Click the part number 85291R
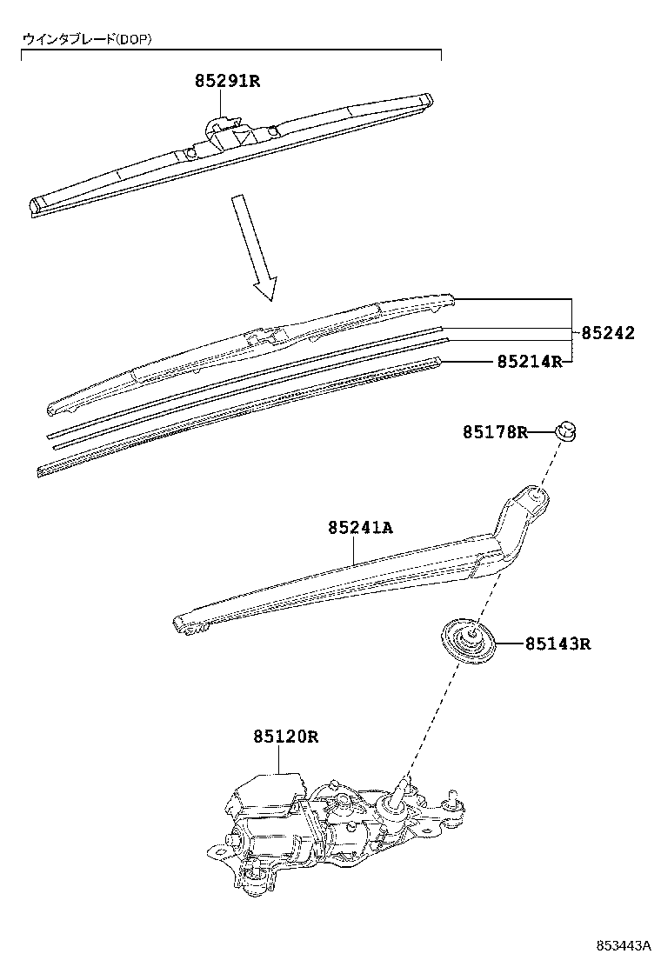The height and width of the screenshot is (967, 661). coord(228,81)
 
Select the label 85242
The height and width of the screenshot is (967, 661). coord(608,333)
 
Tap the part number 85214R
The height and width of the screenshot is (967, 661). coord(530,362)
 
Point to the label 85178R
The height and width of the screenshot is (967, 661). coord(496,432)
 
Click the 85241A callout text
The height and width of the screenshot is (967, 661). coord(361,528)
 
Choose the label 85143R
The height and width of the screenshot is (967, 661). coord(558,644)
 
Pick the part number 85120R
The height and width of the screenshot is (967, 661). coord(285,737)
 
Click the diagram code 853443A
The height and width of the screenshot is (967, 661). coord(624,946)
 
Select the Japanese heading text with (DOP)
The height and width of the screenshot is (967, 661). coord(87,39)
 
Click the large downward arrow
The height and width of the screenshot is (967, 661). coord(253,248)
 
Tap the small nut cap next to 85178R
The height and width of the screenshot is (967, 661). coord(567,431)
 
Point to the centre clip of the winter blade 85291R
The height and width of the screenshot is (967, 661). coord(228,131)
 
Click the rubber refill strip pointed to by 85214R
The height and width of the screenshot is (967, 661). coord(238,417)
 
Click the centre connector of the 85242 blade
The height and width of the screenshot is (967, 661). coord(266,337)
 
